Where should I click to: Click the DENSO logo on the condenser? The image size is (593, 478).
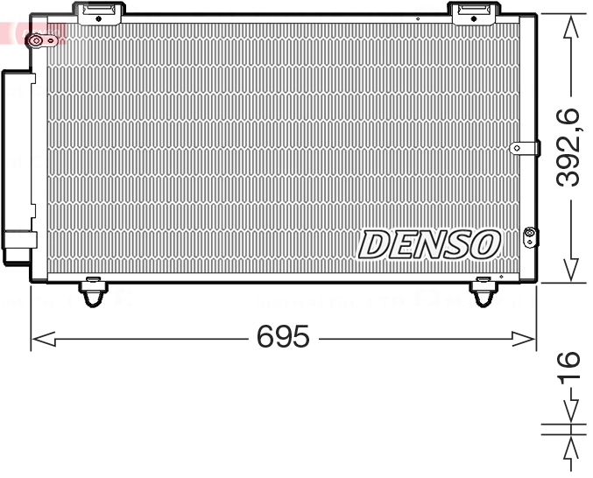click(x=428, y=244)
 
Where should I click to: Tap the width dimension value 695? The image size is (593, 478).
click(x=283, y=336)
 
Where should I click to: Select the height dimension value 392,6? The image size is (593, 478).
click(x=570, y=147)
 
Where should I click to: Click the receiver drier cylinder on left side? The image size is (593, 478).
click(x=18, y=166)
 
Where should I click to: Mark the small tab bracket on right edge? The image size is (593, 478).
click(x=523, y=149)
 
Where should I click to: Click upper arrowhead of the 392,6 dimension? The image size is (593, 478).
click(x=570, y=25)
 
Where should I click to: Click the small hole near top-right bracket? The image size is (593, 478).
click(x=419, y=18)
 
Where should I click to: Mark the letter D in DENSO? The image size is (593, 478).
click(x=376, y=245)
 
